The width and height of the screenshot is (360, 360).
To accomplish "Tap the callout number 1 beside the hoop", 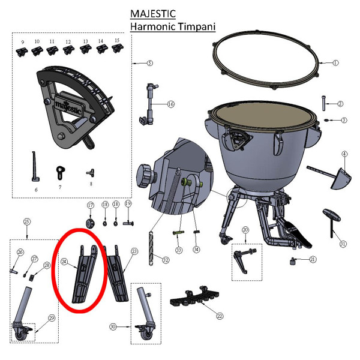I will coord(336,62).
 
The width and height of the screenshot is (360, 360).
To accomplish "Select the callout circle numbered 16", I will coord(171,104).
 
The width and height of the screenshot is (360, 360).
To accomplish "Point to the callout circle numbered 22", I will coord(220,316).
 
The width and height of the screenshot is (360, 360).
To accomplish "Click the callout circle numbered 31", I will coord(343,244).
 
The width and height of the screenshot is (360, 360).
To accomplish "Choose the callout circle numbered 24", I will coord(64,262).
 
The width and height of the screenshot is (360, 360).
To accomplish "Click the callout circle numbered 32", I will coord(166,260).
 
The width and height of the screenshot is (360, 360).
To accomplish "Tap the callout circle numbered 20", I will coord(245,230).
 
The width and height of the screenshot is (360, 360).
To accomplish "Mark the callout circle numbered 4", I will coord(344,154).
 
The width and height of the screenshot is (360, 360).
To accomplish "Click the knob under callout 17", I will coord(91,223).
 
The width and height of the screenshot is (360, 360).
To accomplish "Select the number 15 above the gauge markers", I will coord(116,40).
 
